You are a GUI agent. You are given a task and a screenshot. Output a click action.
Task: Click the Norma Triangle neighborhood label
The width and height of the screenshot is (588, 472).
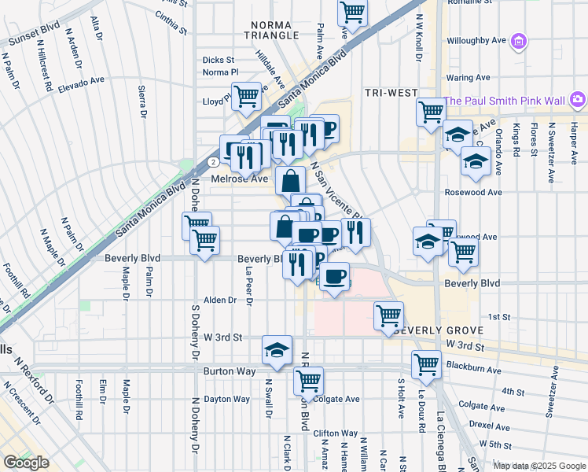[273, 29]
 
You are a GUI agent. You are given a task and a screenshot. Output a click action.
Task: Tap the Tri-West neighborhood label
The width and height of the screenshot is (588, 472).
[391, 93]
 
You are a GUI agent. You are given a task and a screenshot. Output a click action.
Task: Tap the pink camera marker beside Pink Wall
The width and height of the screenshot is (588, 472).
[578, 99]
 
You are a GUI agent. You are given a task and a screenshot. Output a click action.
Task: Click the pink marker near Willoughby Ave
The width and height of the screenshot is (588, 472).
[518, 41]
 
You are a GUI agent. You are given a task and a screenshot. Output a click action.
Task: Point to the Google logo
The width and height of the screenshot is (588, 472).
[26, 463]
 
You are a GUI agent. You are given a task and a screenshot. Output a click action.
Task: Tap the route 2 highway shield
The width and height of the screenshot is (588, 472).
[213, 161]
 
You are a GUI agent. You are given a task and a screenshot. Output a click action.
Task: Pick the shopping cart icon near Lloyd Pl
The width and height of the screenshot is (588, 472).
[247, 95]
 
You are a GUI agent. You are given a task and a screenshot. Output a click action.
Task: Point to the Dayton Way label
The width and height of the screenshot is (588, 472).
[227, 399]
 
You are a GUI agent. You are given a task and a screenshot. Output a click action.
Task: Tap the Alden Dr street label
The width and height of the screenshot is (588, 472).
[220, 300]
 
